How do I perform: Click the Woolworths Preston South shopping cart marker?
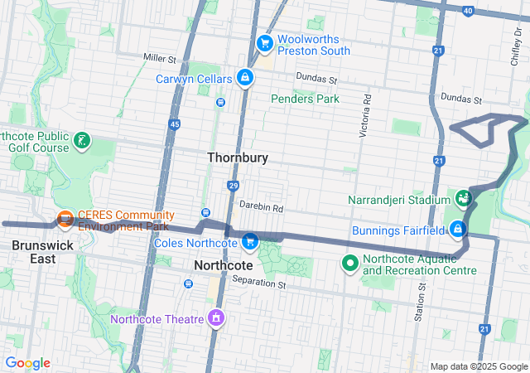tap(265, 42)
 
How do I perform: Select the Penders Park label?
tap(305, 99)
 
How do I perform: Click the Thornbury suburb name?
tap(238, 157)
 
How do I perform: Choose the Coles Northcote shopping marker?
tap(249, 242)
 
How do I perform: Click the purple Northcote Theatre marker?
tap(216, 318)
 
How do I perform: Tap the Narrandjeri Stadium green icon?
tap(463, 199)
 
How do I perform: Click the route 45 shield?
tap(174, 124)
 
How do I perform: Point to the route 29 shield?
tap(234, 186)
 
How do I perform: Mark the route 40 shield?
tap(469, 11)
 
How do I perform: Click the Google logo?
tap(28, 363)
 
